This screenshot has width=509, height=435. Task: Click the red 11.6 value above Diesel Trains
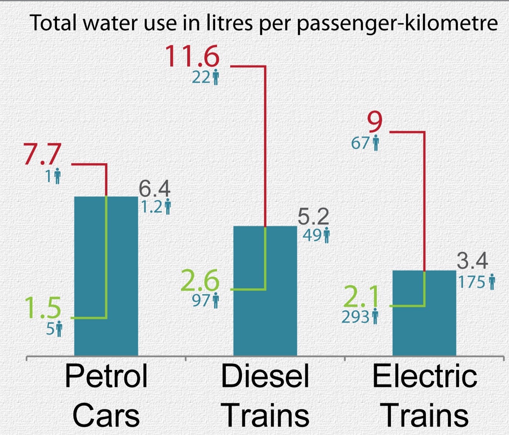pyautogui.click(x=192, y=56)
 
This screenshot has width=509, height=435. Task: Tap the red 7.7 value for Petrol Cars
pyautogui.click(x=42, y=154)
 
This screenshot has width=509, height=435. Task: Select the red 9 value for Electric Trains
pyautogui.click(x=375, y=122)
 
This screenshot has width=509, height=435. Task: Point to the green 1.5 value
pyautogui.click(x=43, y=308)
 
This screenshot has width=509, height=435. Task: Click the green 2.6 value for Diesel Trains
pyautogui.click(x=200, y=281)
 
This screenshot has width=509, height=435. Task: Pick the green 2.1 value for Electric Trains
pyautogui.click(x=361, y=297)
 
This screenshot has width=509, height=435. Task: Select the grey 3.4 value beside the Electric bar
pyautogui.click(x=472, y=261)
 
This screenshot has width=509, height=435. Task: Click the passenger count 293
pyautogui.click(x=355, y=317)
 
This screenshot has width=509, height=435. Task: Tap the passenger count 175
pyautogui.click(x=472, y=283)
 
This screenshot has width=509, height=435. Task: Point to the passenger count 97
pyautogui.click(x=201, y=301)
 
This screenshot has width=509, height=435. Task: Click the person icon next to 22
pyautogui.click(x=216, y=78)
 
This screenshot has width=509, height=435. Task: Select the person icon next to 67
pyautogui.click(x=376, y=143)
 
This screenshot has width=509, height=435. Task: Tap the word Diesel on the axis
pyautogui.click(x=265, y=376)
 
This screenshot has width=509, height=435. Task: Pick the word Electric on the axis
pyautogui.click(x=425, y=376)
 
